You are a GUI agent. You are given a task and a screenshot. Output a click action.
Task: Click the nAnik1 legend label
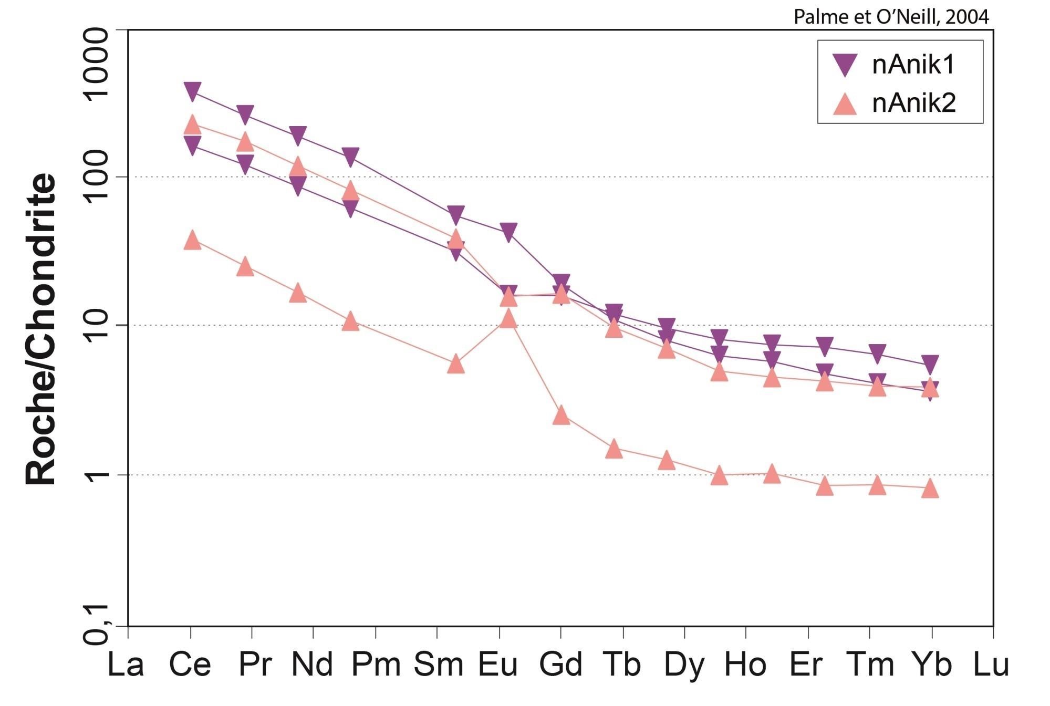pyautogui.click(x=913, y=65)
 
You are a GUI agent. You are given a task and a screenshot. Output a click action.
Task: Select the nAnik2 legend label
pyautogui.click(x=913, y=103)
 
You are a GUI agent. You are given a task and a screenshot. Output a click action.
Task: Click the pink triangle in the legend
pyautogui.click(x=845, y=104)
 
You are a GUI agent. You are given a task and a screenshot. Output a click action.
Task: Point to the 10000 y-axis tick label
pyautogui.click(x=97, y=64)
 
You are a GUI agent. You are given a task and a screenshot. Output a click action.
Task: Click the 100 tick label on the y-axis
pyautogui.click(x=97, y=177)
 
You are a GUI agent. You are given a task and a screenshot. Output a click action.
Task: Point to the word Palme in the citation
pyautogui.click(x=816, y=17)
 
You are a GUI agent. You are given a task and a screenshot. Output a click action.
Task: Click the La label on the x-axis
pyautogui.click(x=126, y=665)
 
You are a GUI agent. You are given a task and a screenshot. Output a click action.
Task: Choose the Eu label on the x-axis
pyautogui.click(x=498, y=665)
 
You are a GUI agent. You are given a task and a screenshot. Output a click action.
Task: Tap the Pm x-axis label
pyautogui.click(x=376, y=665)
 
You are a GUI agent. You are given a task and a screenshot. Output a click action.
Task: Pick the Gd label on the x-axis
pyautogui.click(x=560, y=665)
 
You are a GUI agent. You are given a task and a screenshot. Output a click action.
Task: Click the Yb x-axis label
pyautogui.click(x=931, y=665)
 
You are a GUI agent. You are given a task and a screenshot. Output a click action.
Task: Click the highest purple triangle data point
pyautogui.click(x=192, y=91)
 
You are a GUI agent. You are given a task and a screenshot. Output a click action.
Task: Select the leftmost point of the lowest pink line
pyautogui.click(x=192, y=240)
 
